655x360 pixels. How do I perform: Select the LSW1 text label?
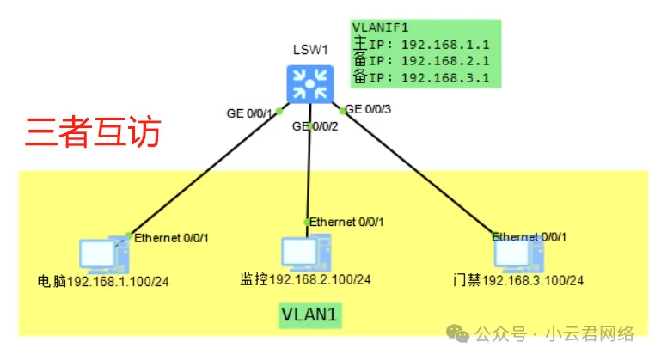309,50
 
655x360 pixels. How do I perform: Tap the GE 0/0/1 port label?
249,113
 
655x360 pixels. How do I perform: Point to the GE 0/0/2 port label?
315,127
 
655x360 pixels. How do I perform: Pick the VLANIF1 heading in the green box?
376,27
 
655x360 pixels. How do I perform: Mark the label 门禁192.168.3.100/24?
518,281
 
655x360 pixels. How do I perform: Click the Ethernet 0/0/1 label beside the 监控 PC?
347,222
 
